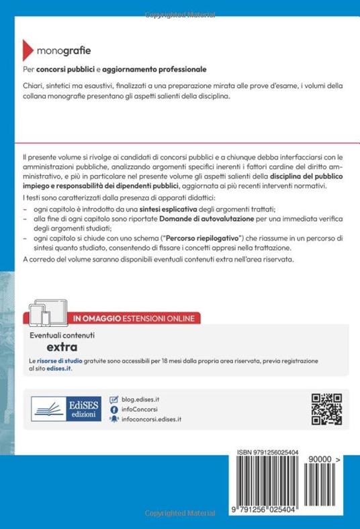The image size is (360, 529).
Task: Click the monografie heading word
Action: [63, 50]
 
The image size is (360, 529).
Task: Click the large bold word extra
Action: [61, 347]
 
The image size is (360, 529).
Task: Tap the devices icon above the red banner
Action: [50, 298]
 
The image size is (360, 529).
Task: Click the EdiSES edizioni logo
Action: [63, 408]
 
